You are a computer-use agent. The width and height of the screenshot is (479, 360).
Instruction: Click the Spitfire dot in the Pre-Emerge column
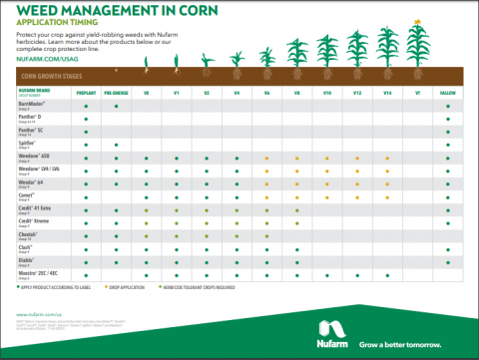(x=117, y=145)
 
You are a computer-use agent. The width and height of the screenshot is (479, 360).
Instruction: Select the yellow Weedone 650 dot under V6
(x=267, y=158)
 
